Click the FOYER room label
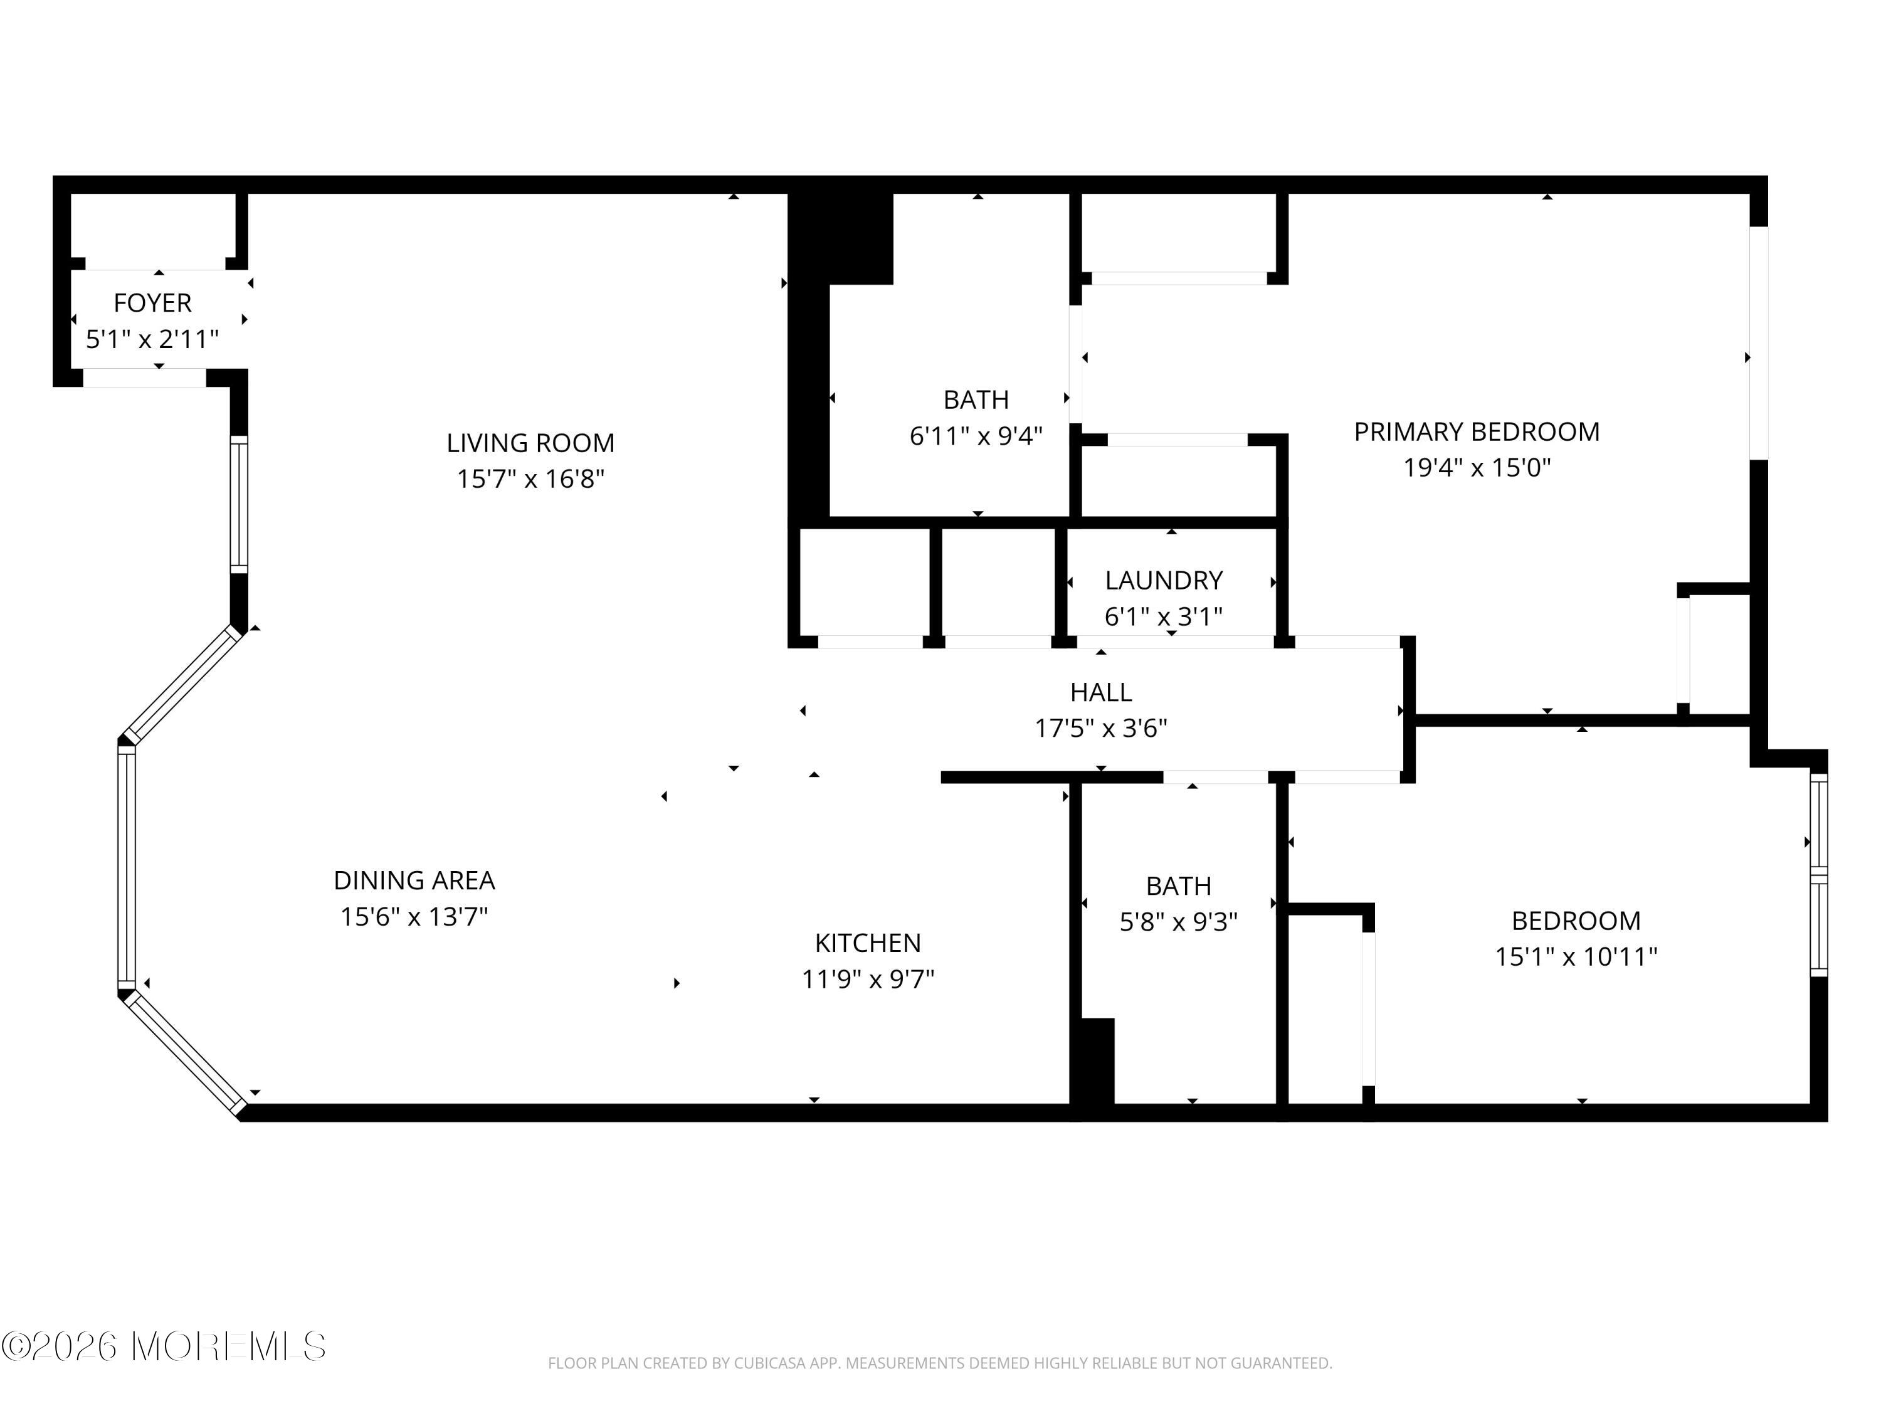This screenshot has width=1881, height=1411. coord(153,303)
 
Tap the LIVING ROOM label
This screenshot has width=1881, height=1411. coord(530,443)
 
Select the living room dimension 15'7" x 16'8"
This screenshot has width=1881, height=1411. coord(530,480)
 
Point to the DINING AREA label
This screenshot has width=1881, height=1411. coord(414,880)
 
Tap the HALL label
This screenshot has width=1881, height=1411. coord(1101,692)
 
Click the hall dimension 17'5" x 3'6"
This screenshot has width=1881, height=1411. coord(1101,729)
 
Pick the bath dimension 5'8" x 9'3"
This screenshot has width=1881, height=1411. coord(1179,922)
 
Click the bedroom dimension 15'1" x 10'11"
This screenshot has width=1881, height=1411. coord(1576,957)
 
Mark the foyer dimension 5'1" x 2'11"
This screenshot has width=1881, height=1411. coord(153,339)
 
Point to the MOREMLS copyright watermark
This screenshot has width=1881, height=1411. coord(163,1346)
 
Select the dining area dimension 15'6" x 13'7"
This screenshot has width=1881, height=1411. coord(414,917)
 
